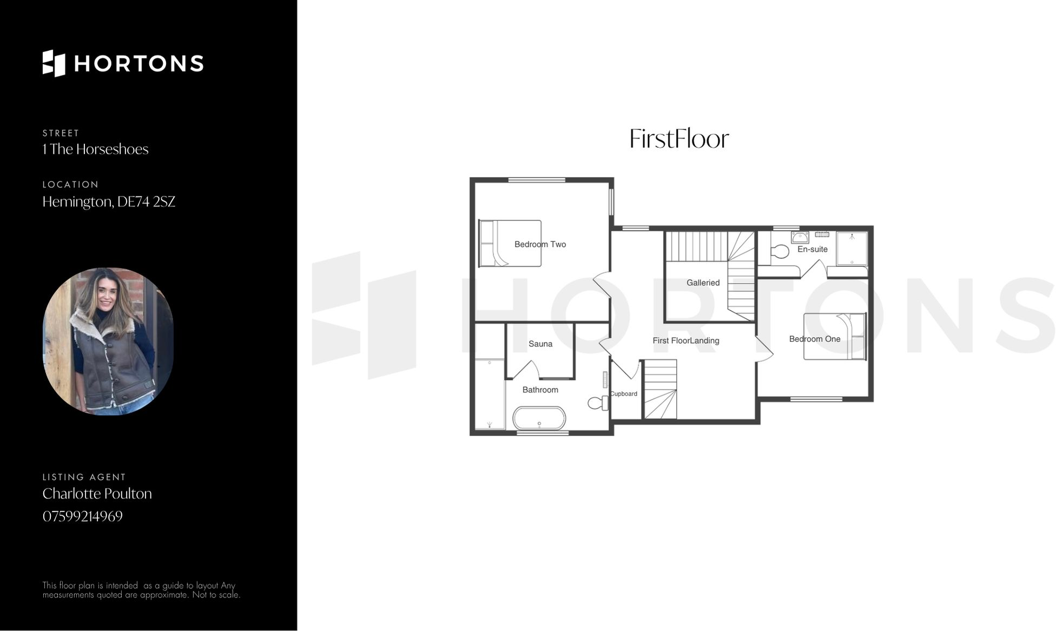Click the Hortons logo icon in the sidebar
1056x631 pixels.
(54, 63)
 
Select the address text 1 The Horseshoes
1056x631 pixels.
(95, 149)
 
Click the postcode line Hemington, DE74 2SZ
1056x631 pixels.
(109, 202)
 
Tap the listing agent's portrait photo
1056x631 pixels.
(108, 341)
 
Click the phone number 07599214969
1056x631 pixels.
(83, 516)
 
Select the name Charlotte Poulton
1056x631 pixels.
(97, 494)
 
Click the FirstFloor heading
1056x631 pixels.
(679, 139)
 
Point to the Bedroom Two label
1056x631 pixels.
(540, 245)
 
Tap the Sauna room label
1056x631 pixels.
(540, 344)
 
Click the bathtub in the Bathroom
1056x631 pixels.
(539, 419)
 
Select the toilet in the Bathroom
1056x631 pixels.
(597, 403)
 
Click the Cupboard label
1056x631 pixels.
(624, 394)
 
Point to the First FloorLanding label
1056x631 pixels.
(685, 341)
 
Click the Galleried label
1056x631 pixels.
(703, 283)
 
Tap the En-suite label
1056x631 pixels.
(812, 249)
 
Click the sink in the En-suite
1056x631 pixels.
(800, 237)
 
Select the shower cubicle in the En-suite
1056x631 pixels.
(852, 248)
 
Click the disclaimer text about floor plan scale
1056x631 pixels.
(141, 590)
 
